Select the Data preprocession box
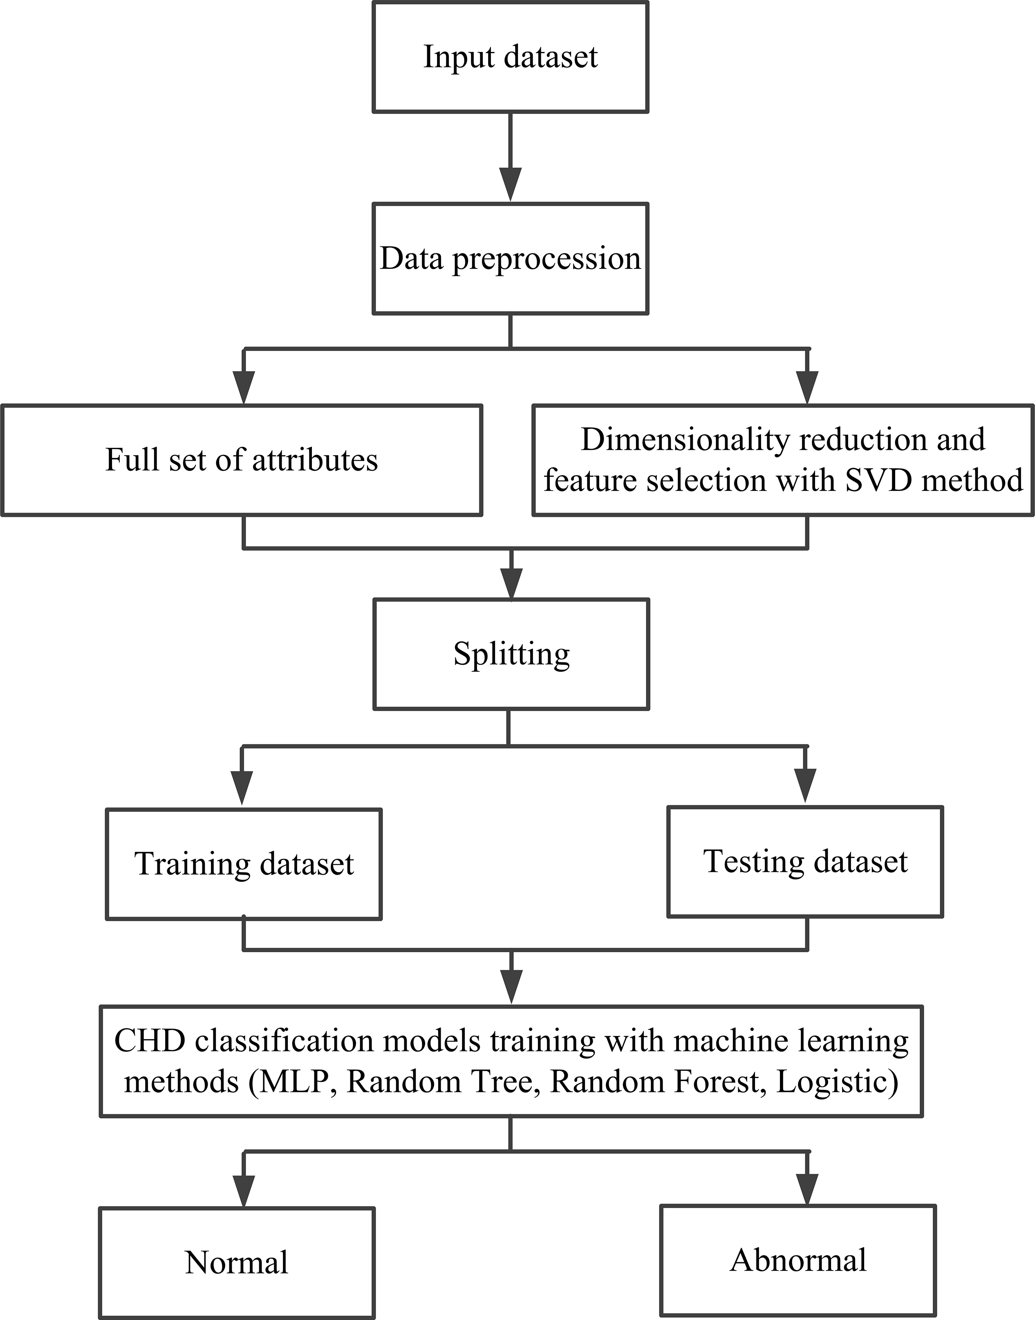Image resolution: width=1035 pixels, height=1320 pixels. [x=510, y=259]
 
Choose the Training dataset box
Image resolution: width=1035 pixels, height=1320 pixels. [x=244, y=864]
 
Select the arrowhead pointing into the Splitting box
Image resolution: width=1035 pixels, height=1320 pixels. [x=512, y=583]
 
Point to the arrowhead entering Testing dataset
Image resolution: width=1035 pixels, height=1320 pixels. [x=805, y=785]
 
